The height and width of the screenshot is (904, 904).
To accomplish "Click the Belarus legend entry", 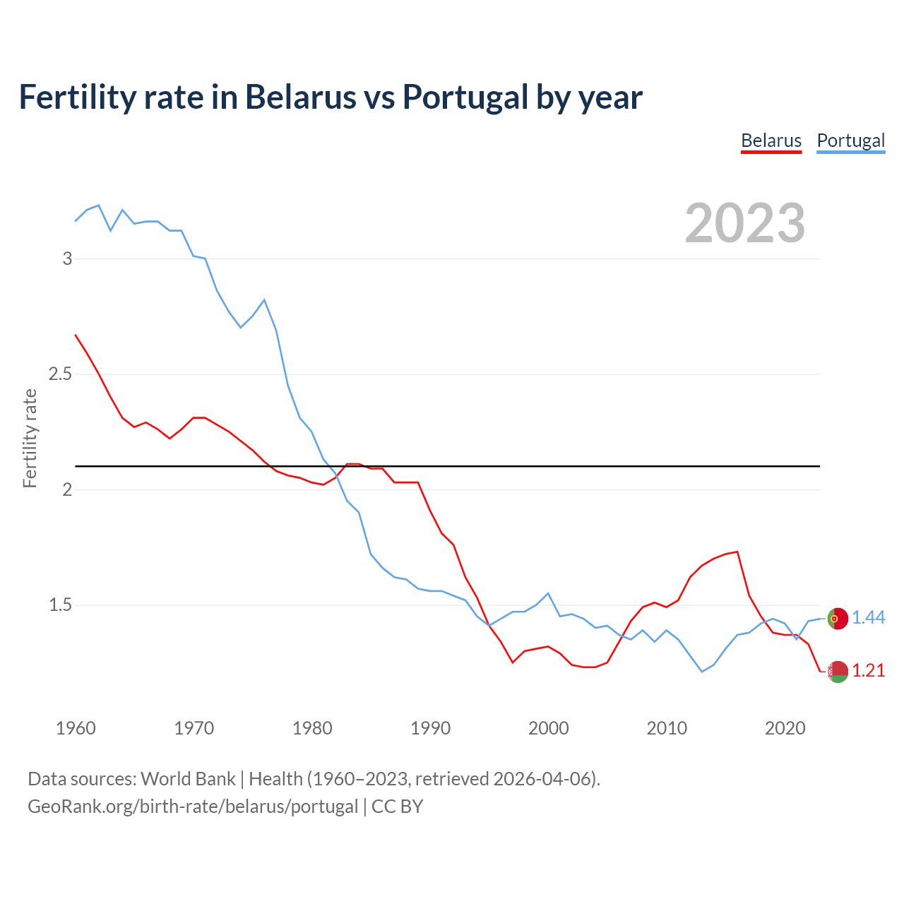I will coord(771,141).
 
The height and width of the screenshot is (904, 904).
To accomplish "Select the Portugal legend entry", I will coord(850,141).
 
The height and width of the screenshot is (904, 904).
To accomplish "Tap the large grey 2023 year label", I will coord(745,223).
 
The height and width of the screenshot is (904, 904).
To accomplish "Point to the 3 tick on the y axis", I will coord(68,258).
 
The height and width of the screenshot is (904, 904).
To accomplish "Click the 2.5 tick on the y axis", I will coord(61,374).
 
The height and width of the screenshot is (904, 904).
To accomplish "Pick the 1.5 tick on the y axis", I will coord(61,605).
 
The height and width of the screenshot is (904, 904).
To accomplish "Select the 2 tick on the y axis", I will coord(68,489).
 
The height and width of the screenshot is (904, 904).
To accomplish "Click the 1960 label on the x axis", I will coord(76,728).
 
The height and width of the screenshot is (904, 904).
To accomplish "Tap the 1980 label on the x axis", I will coord(312,728).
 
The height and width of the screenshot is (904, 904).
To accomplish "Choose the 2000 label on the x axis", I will coord(549,728).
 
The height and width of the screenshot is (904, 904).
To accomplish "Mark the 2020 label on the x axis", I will coord(785,728).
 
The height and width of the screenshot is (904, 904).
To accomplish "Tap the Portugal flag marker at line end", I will coord(838,618).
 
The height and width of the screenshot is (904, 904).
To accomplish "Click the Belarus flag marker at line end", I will coord(838,672).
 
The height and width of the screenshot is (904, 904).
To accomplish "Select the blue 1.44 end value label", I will coord(868,618).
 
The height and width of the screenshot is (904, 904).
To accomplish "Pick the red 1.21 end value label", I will coord(868,671).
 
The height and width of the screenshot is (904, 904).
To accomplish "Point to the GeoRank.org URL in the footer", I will coord(192,807).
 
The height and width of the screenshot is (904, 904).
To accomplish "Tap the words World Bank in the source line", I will coord(188,779).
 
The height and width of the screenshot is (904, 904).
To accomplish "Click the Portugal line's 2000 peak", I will coord(548,593).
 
